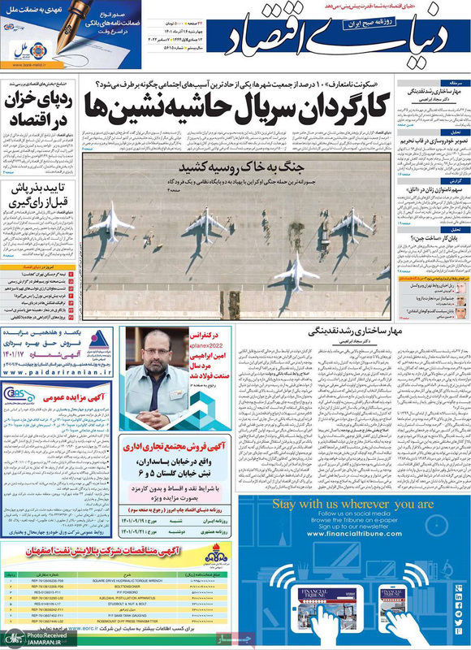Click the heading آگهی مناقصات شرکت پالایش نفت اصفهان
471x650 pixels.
(118, 550)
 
